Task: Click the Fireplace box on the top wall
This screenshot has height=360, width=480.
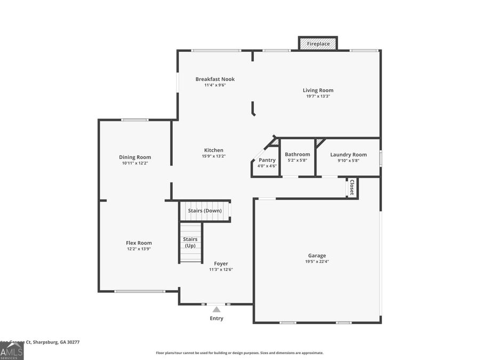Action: (318, 44)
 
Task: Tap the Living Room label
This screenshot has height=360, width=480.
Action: (318, 90)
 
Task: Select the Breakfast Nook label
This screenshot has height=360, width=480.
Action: (215, 79)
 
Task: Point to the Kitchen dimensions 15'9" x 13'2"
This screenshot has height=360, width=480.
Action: (214, 156)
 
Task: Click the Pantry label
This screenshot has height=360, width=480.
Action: (267, 160)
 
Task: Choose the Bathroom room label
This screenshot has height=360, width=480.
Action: (297, 154)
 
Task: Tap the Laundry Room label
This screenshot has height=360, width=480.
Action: (348, 154)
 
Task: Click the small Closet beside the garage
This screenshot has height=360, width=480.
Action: (351, 187)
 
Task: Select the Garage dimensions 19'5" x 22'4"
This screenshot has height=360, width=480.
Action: (317, 261)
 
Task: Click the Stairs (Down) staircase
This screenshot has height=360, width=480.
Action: (205, 211)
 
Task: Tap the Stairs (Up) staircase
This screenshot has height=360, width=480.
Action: (190, 243)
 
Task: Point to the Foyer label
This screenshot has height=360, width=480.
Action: (221, 263)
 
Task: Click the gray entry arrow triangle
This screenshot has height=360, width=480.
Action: (216, 309)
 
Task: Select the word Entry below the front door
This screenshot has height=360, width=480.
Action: (216, 318)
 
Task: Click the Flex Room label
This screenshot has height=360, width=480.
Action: (139, 243)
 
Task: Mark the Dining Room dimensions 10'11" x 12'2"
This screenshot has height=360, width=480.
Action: (135, 163)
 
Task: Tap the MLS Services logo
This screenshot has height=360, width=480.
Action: (12, 351)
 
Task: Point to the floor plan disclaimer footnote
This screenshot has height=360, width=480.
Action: (239, 353)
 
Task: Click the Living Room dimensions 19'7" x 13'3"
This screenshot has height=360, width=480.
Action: (318, 96)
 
